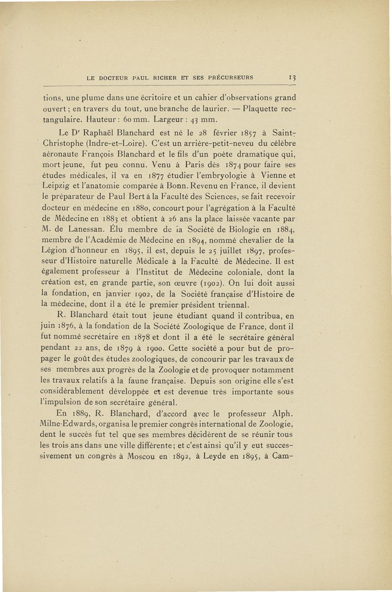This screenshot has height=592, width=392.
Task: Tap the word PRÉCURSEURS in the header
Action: coord(231,77)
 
